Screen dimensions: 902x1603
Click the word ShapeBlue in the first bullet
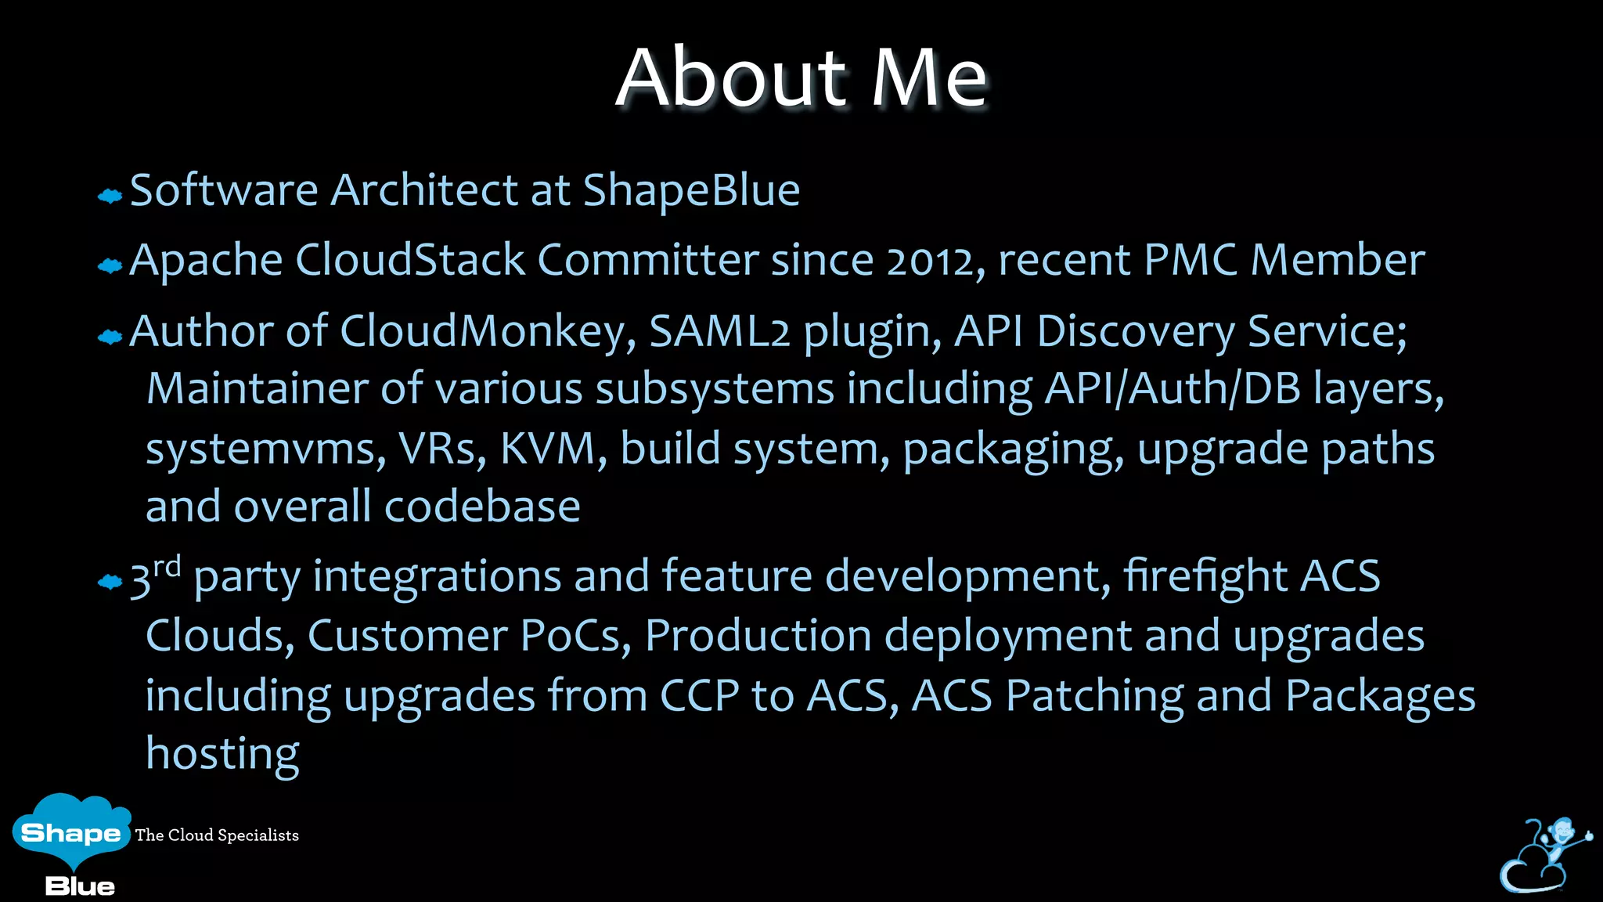click(x=691, y=190)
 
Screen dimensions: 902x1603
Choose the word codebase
click(x=482, y=507)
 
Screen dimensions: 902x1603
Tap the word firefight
click(x=1205, y=576)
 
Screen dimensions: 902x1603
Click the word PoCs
click(x=576, y=635)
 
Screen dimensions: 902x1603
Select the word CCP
click(x=699, y=695)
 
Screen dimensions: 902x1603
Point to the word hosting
click(x=222, y=753)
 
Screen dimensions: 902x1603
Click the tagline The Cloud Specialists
click(x=217, y=835)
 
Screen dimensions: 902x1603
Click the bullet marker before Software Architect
click(x=110, y=196)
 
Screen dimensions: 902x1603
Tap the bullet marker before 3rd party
click(x=110, y=582)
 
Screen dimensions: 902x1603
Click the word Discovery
click(x=1136, y=330)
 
